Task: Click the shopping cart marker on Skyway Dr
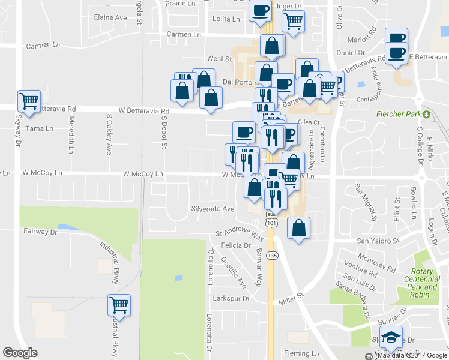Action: tap(29, 100)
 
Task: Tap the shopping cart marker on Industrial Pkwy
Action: tap(119, 305)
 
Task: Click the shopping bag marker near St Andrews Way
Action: tap(298, 229)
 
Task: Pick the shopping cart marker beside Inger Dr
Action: tap(293, 21)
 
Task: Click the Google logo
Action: tap(20, 353)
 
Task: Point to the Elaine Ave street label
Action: tap(111, 17)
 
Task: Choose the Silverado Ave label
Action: tap(212, 209)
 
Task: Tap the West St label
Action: tap(219, 59)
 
